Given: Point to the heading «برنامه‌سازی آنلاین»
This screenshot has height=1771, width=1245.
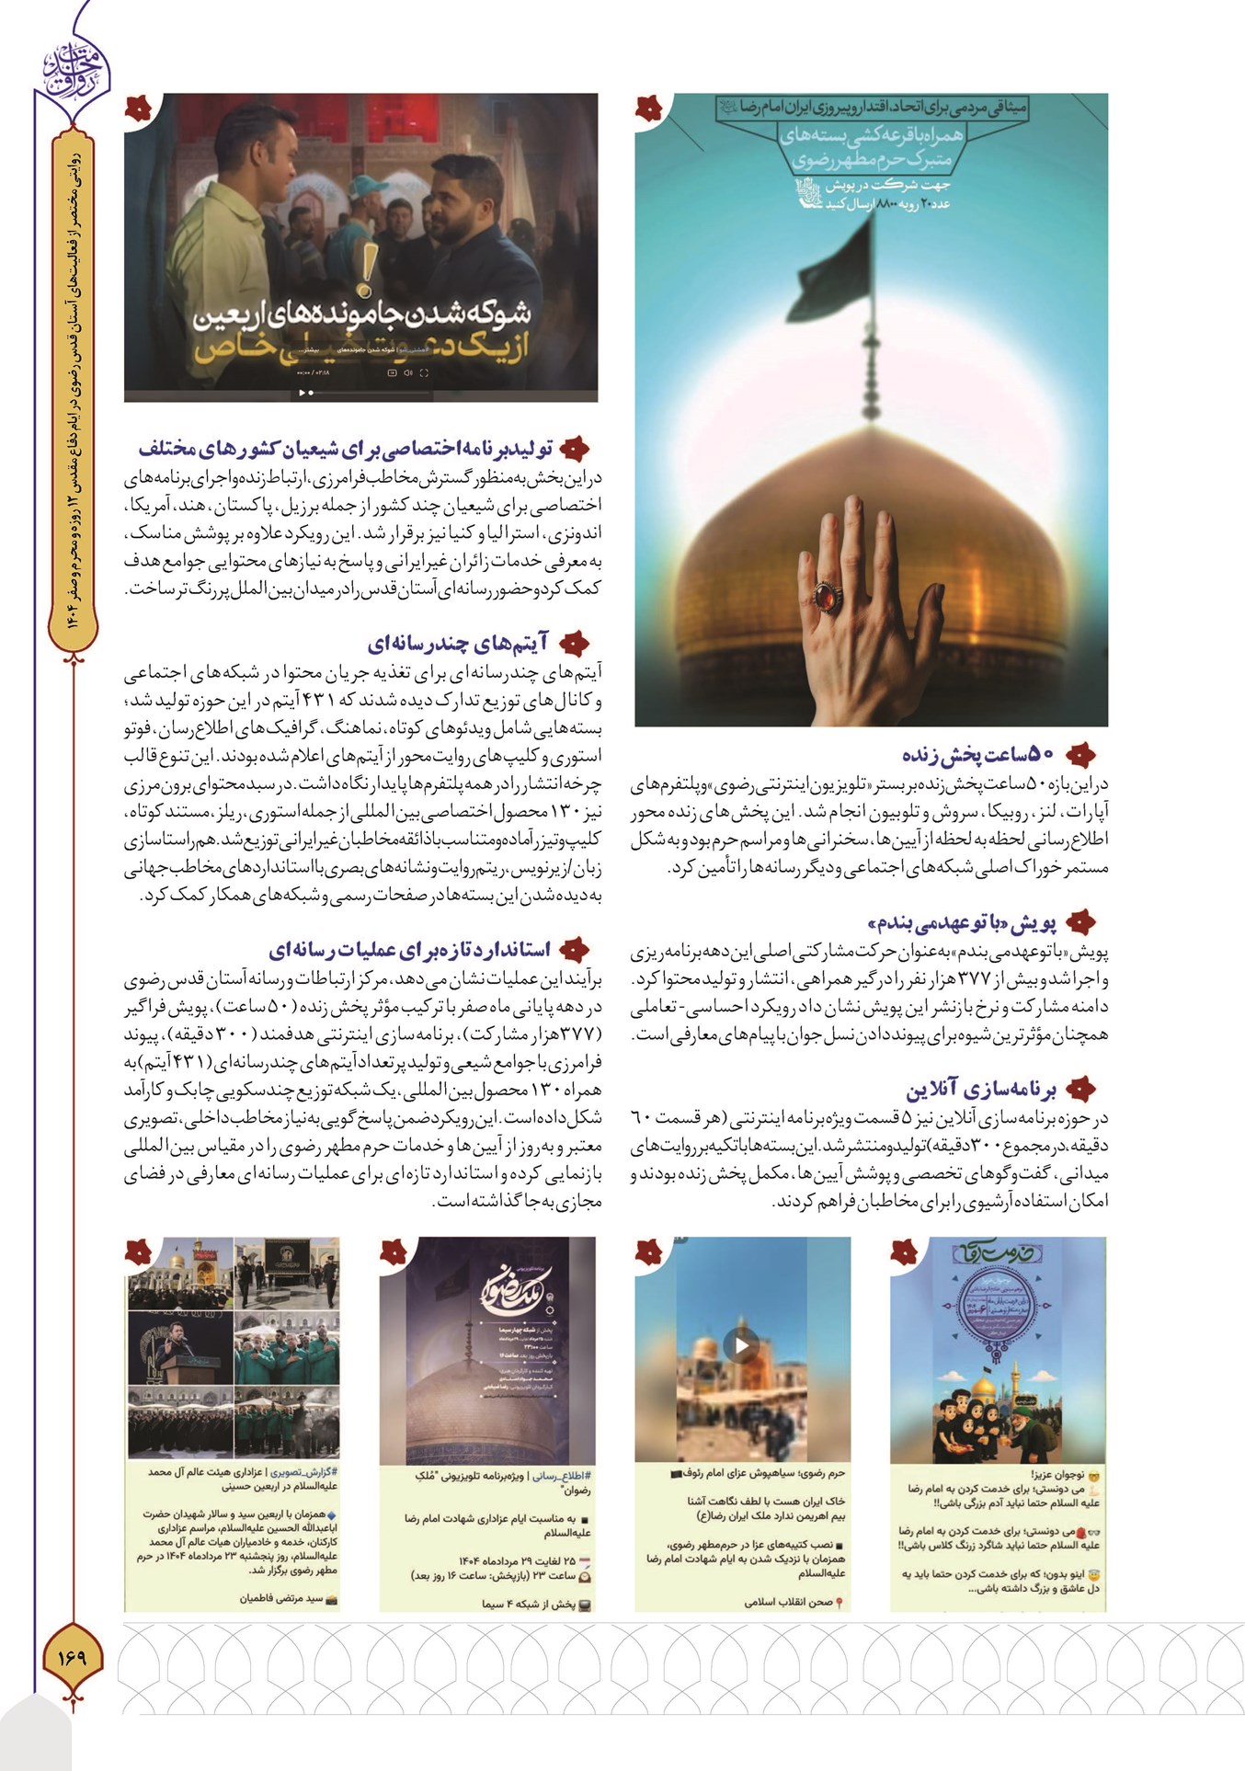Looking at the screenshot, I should point(981,1091).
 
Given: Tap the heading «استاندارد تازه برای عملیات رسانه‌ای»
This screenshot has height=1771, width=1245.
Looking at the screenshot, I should point(410,949).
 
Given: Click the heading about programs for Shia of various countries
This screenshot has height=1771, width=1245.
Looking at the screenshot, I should point(346,450).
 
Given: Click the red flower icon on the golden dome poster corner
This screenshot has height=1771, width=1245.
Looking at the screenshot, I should point(648,109).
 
